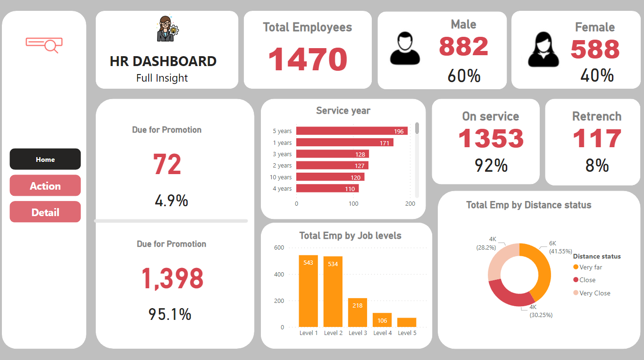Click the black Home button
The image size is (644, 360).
[x=45, y=159]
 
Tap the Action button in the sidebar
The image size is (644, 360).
[x=45, y=186]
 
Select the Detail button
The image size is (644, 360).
[x=45, y=212]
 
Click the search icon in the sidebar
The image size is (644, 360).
[x=44, y=44]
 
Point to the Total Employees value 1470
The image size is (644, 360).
[x=308, y=59]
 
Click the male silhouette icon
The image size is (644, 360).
[x=404, y=49]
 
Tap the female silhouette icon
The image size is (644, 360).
[x=543, y=50]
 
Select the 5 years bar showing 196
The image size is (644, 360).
[x=351, y=131]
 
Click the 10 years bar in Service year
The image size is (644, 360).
[x=330, y=177]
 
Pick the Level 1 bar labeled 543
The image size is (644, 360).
[x=308, y=291]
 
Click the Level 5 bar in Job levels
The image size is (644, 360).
[x=406, y=322]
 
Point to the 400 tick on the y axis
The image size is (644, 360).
[x=279, y=274]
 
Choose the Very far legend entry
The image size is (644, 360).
[x=590, y=267]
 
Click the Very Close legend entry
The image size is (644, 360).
[x=594, y=293]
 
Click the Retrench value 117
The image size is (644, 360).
[x=597, y=139]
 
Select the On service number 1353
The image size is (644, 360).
[x=491, y=139]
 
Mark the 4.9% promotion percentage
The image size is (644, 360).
[x=171, y=201]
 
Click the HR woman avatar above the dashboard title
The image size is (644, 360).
[x=167, y=29]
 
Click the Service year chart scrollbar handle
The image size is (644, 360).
[x=417, y=128]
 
